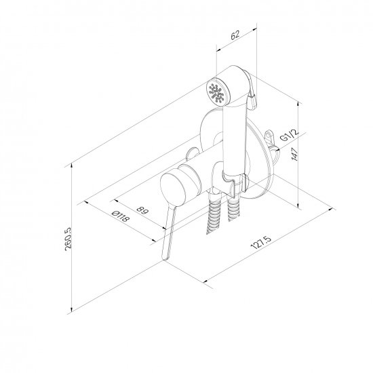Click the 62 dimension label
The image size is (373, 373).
235,35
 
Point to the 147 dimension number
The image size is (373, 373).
294,154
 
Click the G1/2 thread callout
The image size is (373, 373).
289,135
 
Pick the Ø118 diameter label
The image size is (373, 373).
121,217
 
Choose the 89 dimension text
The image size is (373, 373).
142,210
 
